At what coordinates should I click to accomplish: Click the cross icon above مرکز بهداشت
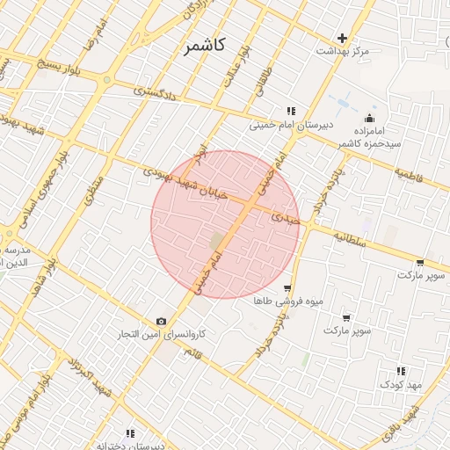(x=342, y=38)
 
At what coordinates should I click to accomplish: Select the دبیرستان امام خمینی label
(x=290, y=126)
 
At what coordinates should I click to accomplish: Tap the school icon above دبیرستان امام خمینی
(x=290, y=112)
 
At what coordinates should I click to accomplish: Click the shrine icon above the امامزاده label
(x=370, y=118)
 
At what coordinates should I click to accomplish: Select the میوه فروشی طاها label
(x=288, y=301)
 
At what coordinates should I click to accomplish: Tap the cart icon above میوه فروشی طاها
(x=287, y=288)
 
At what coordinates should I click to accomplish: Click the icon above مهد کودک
(x=402, y=371)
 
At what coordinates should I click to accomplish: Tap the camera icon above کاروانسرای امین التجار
(x=161, y=321)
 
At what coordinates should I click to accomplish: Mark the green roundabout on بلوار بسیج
(x=107, y=80)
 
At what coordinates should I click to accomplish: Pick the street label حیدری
(x=285, y=216)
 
